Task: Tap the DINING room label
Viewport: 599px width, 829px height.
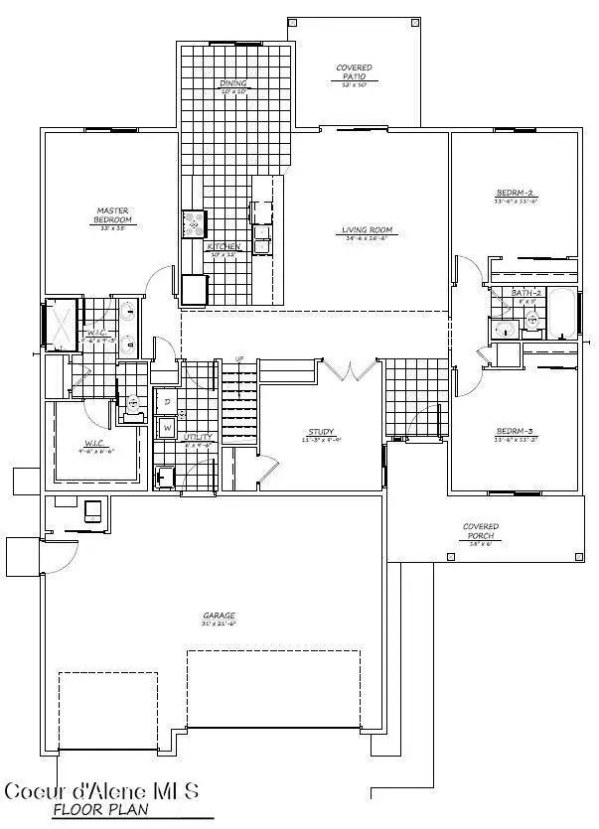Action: point(234,84)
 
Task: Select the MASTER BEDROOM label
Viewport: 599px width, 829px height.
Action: point(111,215)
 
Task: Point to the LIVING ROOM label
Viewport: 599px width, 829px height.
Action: point(369,230)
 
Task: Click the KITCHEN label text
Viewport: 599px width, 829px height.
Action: point(224,247)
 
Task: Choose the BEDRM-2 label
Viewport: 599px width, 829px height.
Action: point(516,193)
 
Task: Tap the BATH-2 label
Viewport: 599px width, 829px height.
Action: point(525,293)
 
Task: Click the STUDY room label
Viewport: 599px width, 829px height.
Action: point(320,432)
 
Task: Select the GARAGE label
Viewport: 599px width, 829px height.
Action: point(218,616)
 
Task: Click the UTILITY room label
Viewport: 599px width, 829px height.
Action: point(198,438)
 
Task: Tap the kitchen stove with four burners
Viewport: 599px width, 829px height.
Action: point(192,224)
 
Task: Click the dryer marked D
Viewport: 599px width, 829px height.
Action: point(167,402)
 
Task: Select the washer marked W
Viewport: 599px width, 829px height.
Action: point(167,428)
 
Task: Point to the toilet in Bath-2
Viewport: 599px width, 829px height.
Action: point(531,320)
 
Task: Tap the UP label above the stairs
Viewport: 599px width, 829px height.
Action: point(238,358)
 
